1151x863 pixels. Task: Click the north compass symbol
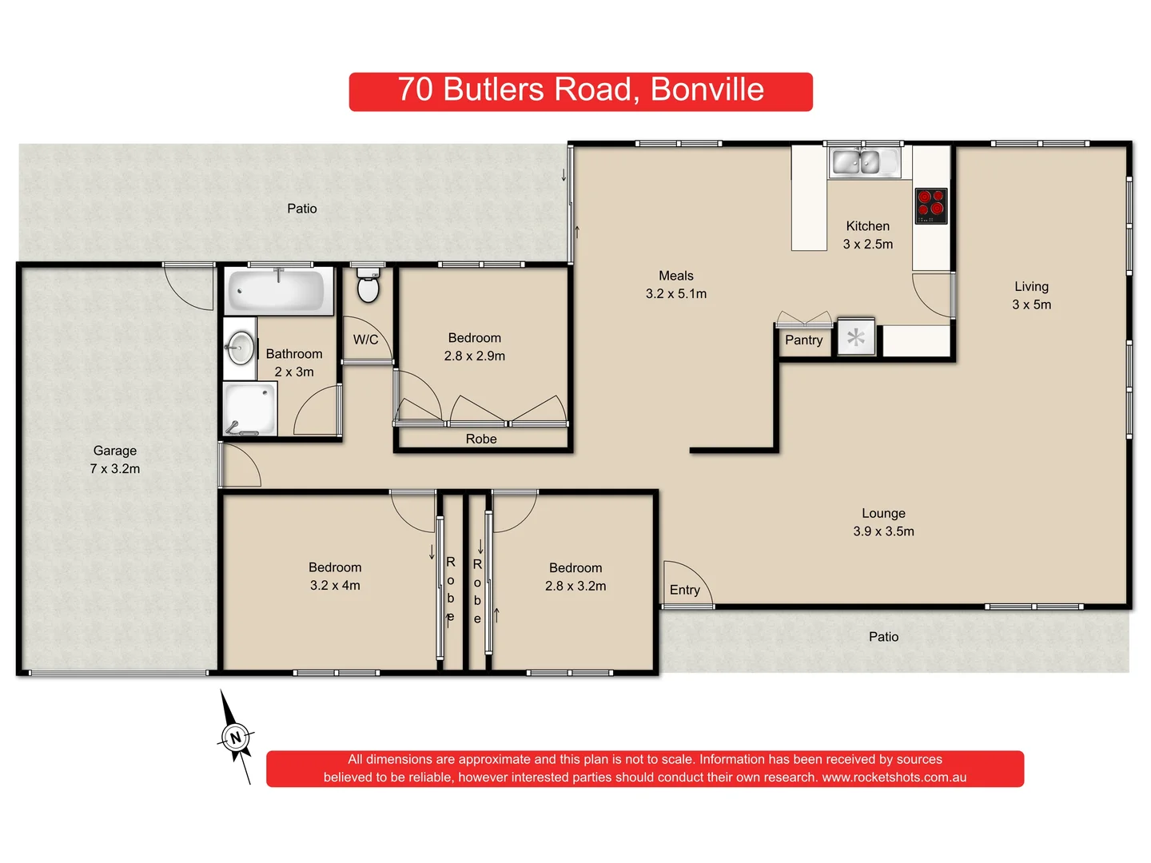pyautogui.click(x=235, y=738)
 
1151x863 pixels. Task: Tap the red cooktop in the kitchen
pyautogui.click(x=930, y=205)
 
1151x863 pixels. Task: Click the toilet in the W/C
pyautogui.click(x=368, y=286)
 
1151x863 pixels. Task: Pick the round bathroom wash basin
pyautogui.click(x=239, y=348)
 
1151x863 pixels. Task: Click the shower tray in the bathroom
pyautogui.click(x=250, y=408)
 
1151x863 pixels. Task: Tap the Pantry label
pyautogui.click(x=803, y=340)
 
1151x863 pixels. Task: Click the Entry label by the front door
pyautogui.click(x=684, y=590)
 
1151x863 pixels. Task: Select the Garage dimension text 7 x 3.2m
pyautogui.click(x=115, y=469)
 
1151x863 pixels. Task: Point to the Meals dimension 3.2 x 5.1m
pyautogui.click(x=676, y=294)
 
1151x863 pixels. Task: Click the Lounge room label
pyautogui.click(x=883, y=513)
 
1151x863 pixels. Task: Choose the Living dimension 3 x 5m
pyautogui.click(x=1031, y=304)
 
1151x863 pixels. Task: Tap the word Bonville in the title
pyautogui.click(x=707, y=89)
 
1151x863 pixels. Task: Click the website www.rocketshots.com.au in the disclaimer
pyautogui.click(x=894, y=777)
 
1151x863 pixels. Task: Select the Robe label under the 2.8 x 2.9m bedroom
pyautogui.click(x=481, y=439)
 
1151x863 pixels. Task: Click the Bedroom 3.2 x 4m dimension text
pyautogui.click(x=335, y=586)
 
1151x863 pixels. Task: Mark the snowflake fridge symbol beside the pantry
pyautogui.click(x=855, y=337)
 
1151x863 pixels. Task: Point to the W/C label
pyautogui.click(x=365, y=340)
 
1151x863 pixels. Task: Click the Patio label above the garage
pyautogui.click(x=302, y=209)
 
